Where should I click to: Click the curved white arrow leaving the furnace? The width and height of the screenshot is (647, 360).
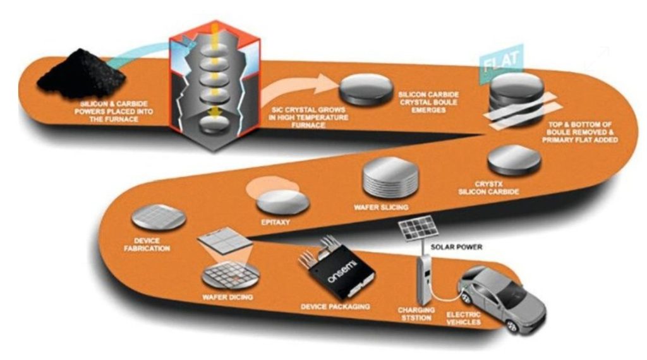tap(296, 87)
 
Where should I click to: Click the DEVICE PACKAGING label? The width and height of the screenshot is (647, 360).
tap(335, 306)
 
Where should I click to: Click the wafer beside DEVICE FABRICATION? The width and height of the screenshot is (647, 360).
tap(158, 217)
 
